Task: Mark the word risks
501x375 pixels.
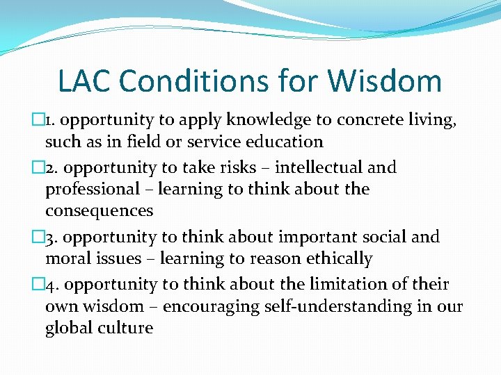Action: (239, 168)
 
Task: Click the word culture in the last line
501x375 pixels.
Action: (125, 328)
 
